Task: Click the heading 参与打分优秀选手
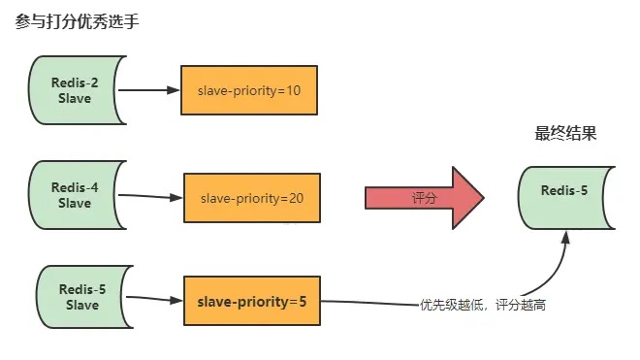pyautogui.click(x=78, y=21)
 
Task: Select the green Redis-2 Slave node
pyautogui.click(x=74, y=90)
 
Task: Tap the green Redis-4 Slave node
pyautogui.click(x=74, y=196)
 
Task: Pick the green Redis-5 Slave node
pyautogui.click(x=81, y=298)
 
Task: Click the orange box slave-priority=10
pyautogui.click(x=248, y=90)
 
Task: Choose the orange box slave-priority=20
pyautogui.click(x=252, y=198)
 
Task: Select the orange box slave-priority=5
pyautogui.click(x=251, y=302)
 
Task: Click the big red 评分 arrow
pyautogui.click(x=425, y=198)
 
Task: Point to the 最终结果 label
pyautogui.click(x=565, y=134)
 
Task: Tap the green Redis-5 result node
pyautogui.click(x=564, y=190)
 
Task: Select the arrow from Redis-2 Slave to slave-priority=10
pyautogui.click(x=149, y=90)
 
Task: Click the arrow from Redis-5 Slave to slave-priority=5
pyautogui.click(x=155, y=300)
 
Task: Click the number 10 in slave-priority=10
pyautogui.click(x=293, y=90)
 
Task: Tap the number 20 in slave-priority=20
pyautogui.click(x=296, y=198)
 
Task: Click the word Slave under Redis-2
pyautogui.click(x=74, y=98)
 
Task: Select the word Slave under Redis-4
pyautogui.click(x=74, y=204)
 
